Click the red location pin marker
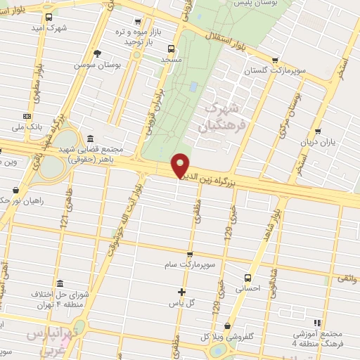[181, 166]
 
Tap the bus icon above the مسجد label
[171, 49]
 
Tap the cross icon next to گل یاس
[181, 291]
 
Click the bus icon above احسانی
[247, 277]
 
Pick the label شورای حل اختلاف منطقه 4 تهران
[60, 299]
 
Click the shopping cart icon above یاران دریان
[318, 131]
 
